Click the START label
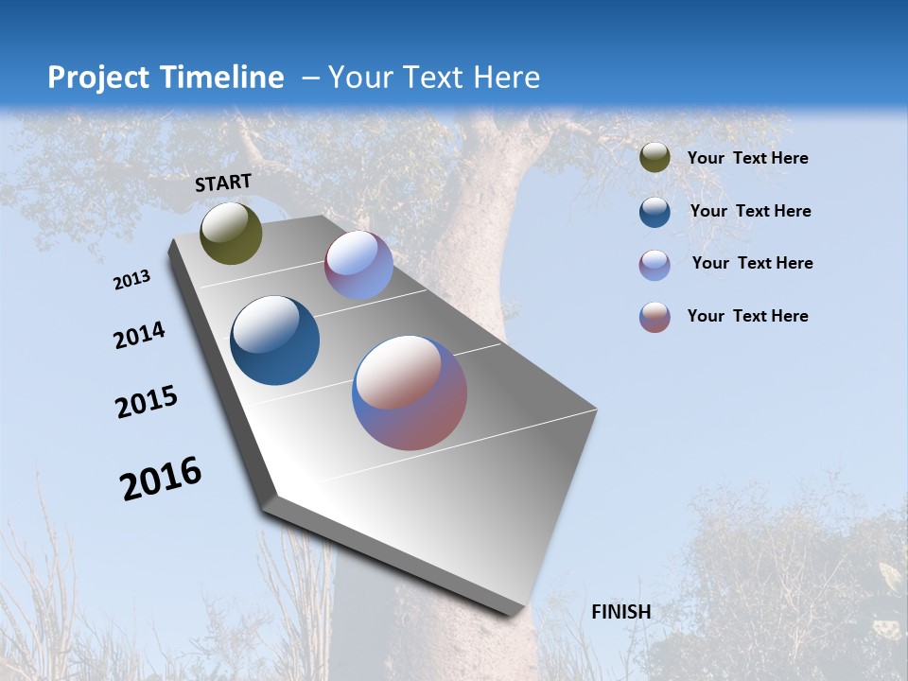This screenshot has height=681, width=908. click(223, 183)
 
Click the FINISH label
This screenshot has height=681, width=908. click(620, 612)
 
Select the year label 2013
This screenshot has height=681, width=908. click(132, 280)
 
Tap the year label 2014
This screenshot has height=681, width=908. click(139, 335)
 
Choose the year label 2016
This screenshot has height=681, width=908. click(161, 478)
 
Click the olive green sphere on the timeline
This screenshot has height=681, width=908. click(231, 233)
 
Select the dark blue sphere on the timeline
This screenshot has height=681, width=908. click(274, 340)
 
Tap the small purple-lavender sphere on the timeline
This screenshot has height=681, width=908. click(358, 265)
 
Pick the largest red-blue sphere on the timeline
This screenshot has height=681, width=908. click(410, 393)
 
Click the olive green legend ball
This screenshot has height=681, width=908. click(655, 158)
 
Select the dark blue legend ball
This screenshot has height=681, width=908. click(655, 212)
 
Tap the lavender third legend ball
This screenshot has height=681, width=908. click(655, 265)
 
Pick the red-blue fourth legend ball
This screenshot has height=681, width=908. click(655, 317)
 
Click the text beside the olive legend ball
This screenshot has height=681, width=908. click(747, 158)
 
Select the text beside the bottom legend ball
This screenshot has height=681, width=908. click(747, 316)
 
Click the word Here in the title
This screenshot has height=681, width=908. click(506, 78)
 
